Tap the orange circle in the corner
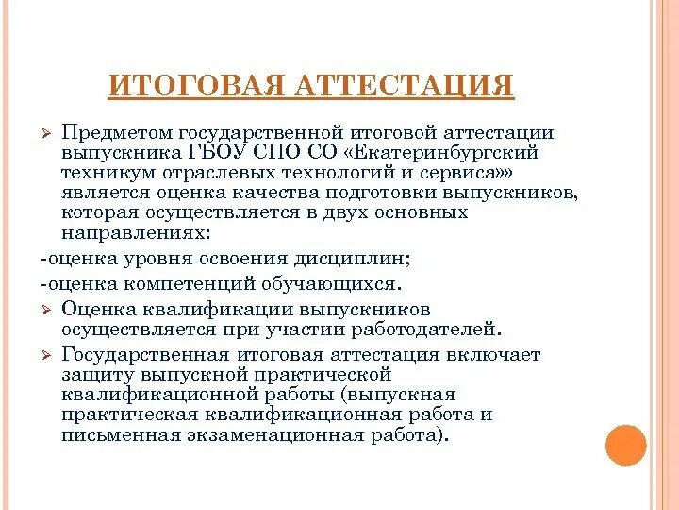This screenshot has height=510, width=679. [625, 445]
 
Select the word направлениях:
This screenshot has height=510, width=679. [136, 231]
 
